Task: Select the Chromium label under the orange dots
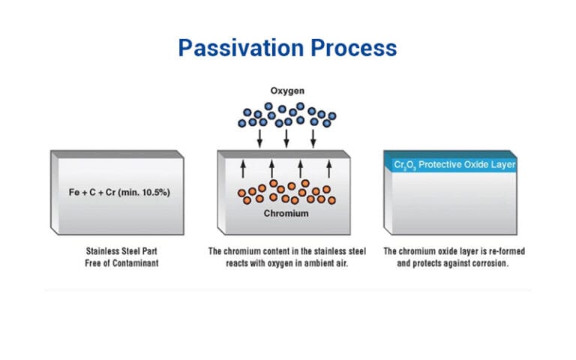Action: [x=285, y=214]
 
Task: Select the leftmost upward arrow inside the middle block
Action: [x=243, y=168]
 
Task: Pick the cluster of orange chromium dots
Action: [x=285, y=191]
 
